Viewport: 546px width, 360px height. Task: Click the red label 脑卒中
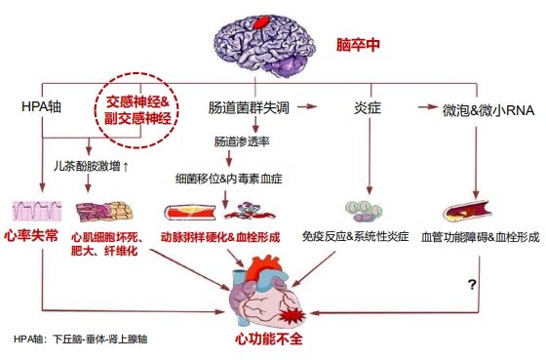[x=358, y=45]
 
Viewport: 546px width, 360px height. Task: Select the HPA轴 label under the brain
[x=41, y=106]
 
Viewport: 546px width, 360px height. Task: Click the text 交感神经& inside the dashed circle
[x=137, y=101]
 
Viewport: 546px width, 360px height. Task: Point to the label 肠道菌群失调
[x=249, y=107]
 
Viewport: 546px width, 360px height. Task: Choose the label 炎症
[x=368, y=107]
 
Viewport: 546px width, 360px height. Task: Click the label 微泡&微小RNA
[x=488, y=110]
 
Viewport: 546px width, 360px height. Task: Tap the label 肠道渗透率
[x=242, y=141]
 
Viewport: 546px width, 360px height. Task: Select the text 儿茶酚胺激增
[x=87, y=166]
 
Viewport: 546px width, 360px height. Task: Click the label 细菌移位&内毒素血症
[x=229, y=179]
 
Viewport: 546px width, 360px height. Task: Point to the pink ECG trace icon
[x=37, y=211]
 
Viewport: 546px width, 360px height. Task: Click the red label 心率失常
[x=31, y=236]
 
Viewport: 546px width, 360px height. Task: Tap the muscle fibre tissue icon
[x=104, y=212]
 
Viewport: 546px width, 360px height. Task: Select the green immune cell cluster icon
[x=364, y=211]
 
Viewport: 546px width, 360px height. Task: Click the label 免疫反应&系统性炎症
[x=355, y=237]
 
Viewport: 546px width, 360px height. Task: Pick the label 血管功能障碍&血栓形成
[x=480, y=237]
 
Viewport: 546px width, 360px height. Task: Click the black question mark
[x=472, y=285]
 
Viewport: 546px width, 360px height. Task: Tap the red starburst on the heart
[x=292, y=316]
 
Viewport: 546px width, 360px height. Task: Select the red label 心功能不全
[x=269, y=339]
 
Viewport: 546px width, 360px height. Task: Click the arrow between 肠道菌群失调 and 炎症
[x=307, y=106]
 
